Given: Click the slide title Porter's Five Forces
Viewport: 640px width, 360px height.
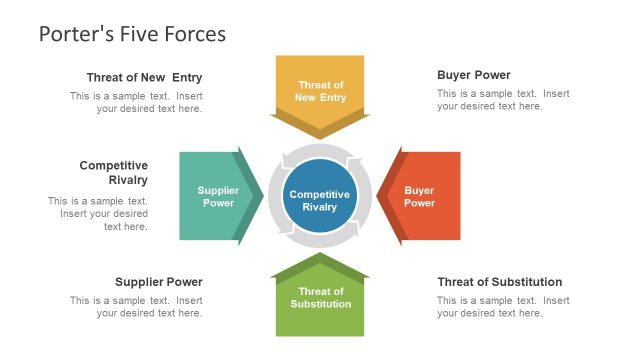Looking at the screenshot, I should click(x=132, y=34).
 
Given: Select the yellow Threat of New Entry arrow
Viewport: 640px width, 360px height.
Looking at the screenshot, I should click(x=320, y=91).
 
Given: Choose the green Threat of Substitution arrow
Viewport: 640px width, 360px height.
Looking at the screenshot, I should click(x=320, y=299).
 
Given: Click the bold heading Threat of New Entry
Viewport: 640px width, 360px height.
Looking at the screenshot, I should click(x=144, y=78).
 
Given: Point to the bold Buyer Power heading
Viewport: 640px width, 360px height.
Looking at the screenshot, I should click(x=473, y=75).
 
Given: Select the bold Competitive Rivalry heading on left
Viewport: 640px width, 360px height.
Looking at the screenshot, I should click(x=113, y=173).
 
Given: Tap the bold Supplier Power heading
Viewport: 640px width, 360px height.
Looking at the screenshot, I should click(x=158, y=282).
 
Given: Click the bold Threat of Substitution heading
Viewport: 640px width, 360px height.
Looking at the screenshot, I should click(x=499, y=282).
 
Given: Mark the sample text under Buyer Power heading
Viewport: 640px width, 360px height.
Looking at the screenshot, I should click(x=503, y=100).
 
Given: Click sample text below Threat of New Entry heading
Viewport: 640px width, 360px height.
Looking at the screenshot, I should click(x=136, y=103).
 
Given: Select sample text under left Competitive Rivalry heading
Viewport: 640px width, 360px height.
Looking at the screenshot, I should click(x=98, y=213).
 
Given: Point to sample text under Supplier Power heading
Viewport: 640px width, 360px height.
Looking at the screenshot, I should click(x=136, y=307).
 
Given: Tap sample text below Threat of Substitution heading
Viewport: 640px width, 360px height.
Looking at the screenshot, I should click(x=503, y=307).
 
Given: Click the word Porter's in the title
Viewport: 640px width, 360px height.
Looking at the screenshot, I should click(x=71, y=34).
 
